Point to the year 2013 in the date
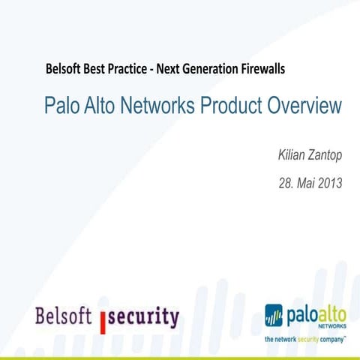pyautogui.click(x=329, y=182)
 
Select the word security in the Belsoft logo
pyautogui.click(x=145, y=316)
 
